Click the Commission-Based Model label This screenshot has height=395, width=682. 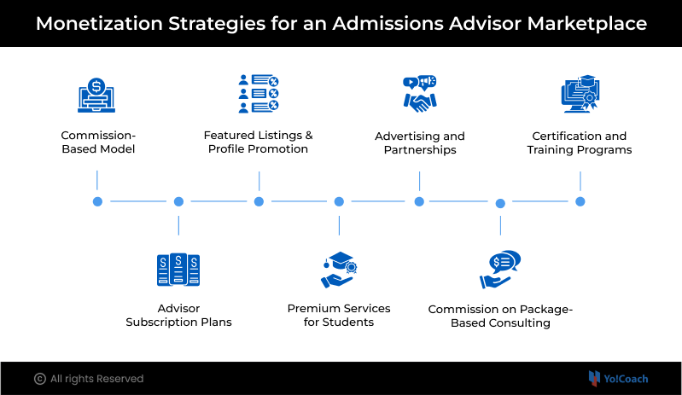tap(98, 142)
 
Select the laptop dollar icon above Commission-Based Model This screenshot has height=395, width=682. tap(97, 95)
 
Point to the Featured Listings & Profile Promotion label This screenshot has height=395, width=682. tap(258, 142)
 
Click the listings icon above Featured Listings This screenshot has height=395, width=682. tap(259, 94)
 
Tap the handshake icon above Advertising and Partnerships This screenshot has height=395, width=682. tap(419, 95)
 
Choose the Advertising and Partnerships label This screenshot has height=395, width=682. tap(419, 142)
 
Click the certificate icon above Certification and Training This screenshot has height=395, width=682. tap(580, 95)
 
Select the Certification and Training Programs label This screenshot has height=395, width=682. tap(580, 142)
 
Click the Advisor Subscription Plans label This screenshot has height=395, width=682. tap(178, 315)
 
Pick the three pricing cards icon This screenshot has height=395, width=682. tap(178, 270)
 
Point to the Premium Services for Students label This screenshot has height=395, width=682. tap(339, 315)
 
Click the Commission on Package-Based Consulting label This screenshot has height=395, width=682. tap(500, 315)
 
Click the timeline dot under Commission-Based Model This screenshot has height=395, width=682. tap(97, 201)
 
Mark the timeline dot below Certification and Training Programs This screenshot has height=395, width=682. tap(580, 201)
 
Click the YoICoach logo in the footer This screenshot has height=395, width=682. tap(619, 378)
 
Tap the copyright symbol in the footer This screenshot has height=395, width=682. tap(39, 379)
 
